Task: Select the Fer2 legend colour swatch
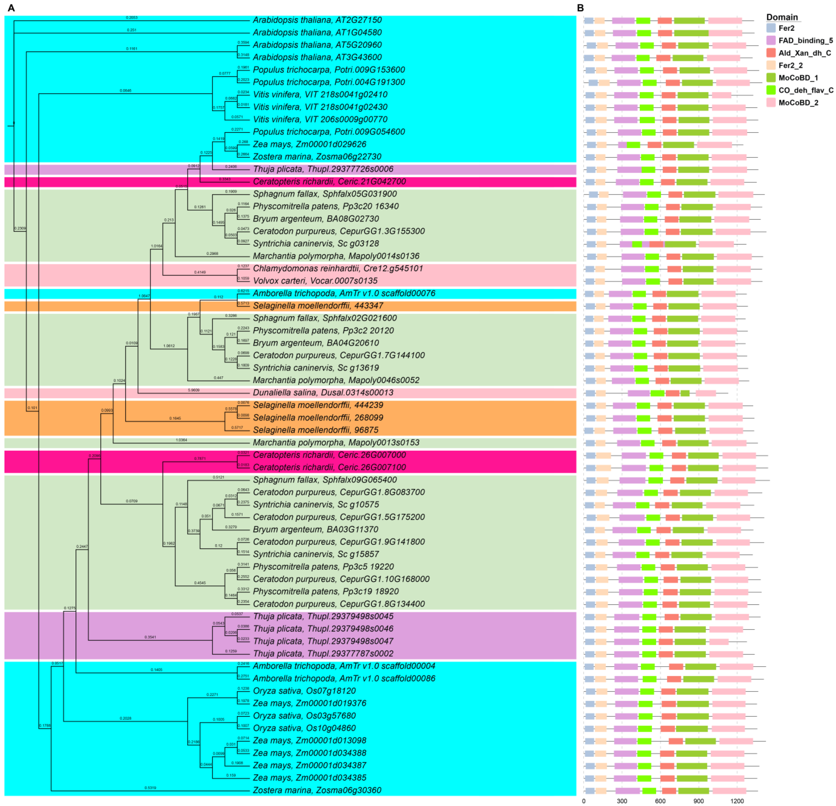(x=771, y=28)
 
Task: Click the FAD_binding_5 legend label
(x=805, y=40)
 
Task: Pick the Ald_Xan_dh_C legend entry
(x=804, y=53)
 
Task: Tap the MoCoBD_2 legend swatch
(x=771, y=102)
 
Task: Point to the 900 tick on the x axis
(x=699, y=801)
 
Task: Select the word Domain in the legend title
(x=782, y=17)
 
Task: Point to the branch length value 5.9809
(x=194, y=390)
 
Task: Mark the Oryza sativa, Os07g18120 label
(x=304, y=691)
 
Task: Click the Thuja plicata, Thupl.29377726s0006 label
(x=323, y=169)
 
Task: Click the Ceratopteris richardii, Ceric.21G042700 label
(x=329, y=181)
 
